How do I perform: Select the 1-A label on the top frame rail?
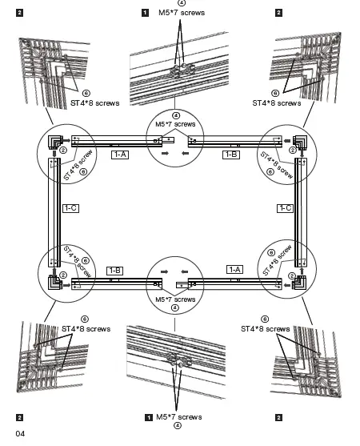(x=120, y=153)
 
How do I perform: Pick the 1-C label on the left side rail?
(x=70, y=208)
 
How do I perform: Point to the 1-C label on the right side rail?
(x=285, y=208)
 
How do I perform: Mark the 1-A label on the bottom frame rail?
(x=234, y=271)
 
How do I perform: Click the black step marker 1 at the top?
(x=144, y=13)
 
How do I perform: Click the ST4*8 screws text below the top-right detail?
(x=276, y=103)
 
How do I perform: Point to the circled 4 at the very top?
(x=181, y=4)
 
